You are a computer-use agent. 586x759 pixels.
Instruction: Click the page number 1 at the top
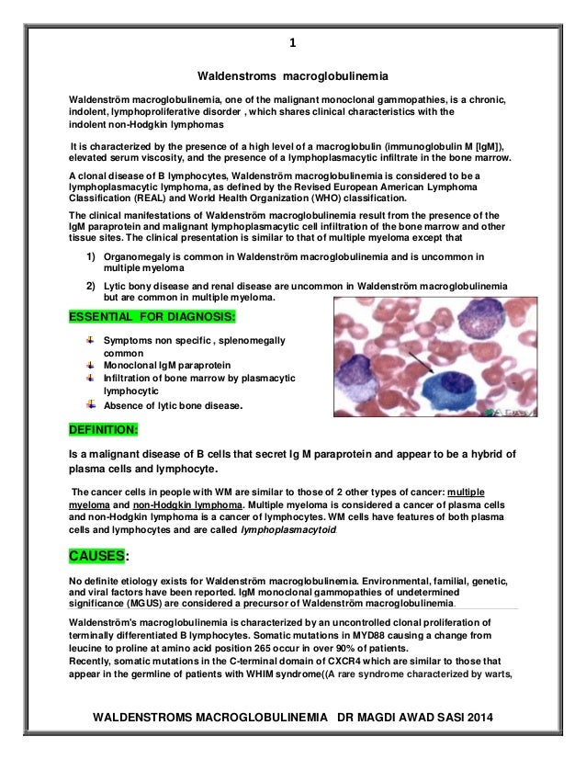tap(293, 43)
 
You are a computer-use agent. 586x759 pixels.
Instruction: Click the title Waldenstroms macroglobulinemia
tap(293, 74)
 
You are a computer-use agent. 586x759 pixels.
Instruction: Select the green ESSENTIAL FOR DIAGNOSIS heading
tap(152, 318)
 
